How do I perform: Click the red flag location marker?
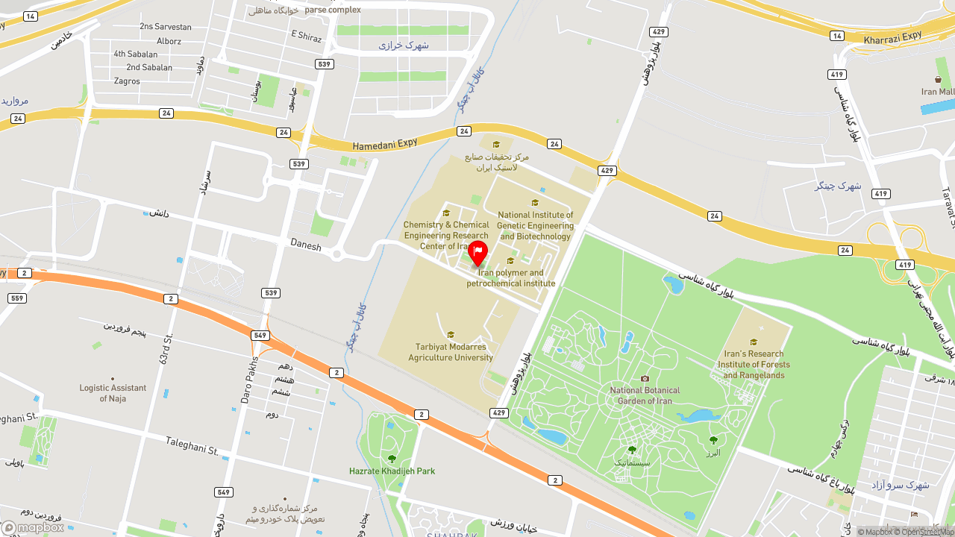[477, 252]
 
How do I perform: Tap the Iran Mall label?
[938, 92]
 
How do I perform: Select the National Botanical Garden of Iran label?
[645, 395]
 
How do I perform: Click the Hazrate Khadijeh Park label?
[392, 471]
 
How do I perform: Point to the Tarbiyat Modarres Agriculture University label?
[451, 352]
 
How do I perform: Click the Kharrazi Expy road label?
[893, 37]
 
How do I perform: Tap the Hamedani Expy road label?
[385, 144]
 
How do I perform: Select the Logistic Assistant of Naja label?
[113, 393]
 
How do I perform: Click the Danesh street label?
[305, 245]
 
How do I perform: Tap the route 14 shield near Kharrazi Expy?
[837, 36]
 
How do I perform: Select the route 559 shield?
[16, 298]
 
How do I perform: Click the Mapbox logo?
[33, 527]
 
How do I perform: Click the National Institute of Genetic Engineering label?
[535, 225]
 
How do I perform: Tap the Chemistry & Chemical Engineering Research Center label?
[446, 235]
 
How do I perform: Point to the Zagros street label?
[127, 81]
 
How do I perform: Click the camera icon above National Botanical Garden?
[645, 378]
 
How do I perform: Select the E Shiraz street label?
[306, 36]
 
